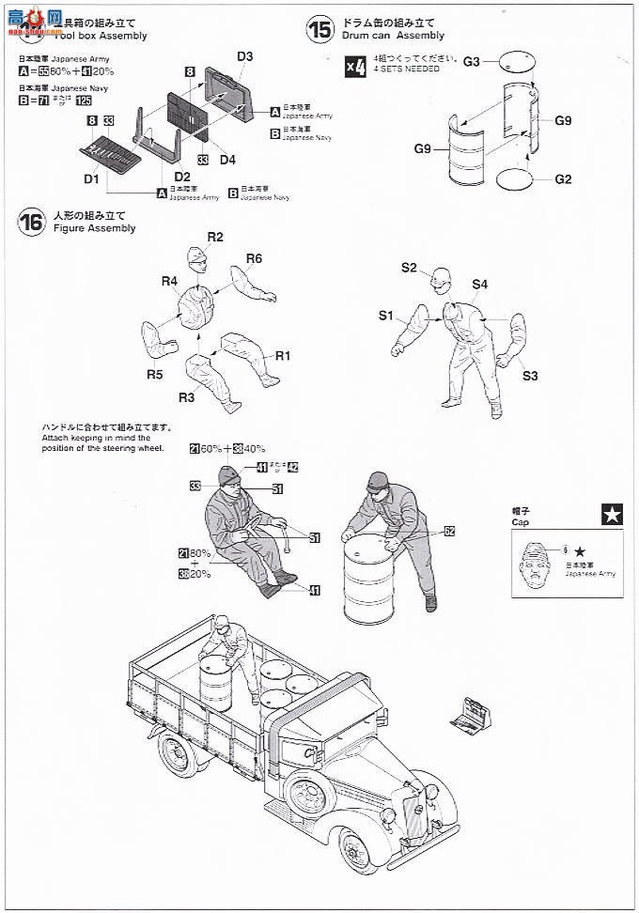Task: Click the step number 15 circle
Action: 320,29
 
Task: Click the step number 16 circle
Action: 31,223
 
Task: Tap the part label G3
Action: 473,61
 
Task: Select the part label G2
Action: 563,178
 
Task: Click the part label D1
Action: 91,178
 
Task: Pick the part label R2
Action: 215,237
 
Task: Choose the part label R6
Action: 254,259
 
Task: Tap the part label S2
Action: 409,268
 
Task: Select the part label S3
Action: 529,377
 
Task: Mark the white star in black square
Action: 612,514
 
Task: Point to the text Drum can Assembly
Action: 394,36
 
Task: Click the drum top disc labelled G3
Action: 511,64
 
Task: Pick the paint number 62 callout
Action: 450,531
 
